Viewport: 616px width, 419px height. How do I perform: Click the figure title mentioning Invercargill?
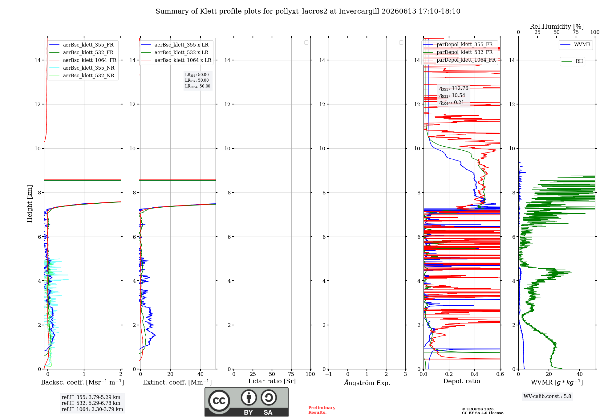coord(308,11)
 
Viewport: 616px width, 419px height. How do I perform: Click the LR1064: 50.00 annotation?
coord(198,86)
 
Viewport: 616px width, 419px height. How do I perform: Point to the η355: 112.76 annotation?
coord(454,88)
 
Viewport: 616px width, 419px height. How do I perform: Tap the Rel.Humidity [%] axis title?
coord(557,26)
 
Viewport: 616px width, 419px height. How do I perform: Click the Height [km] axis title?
coord(30,204)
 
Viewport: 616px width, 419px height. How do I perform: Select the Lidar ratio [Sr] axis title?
coord(272,381)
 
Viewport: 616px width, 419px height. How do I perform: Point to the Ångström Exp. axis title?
coord(367,383)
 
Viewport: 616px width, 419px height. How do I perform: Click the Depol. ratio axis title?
coord(462,381)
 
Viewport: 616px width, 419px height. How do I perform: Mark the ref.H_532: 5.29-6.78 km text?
coord(91,403)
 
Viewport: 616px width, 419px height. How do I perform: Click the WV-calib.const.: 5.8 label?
coord(547,397)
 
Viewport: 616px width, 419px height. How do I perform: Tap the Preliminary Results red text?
coord(322,410)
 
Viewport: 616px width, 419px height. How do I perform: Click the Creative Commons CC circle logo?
coord(219,401)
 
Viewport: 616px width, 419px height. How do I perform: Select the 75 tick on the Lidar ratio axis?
coord(291,374)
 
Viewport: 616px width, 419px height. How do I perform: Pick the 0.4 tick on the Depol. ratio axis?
coord(475,374)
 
